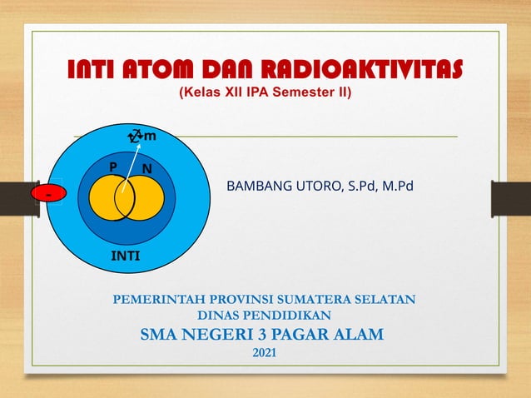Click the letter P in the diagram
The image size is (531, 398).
pyautogui.click(x=113, y=167)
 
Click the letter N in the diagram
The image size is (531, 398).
pyautogui.click(x=146, y=168)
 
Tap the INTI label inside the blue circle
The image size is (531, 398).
pyautogui.click(x=126, y=256)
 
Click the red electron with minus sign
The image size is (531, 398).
pyautogui.click(x=47, y=194)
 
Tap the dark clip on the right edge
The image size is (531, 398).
pyautogui.click(x=509, y=200)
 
